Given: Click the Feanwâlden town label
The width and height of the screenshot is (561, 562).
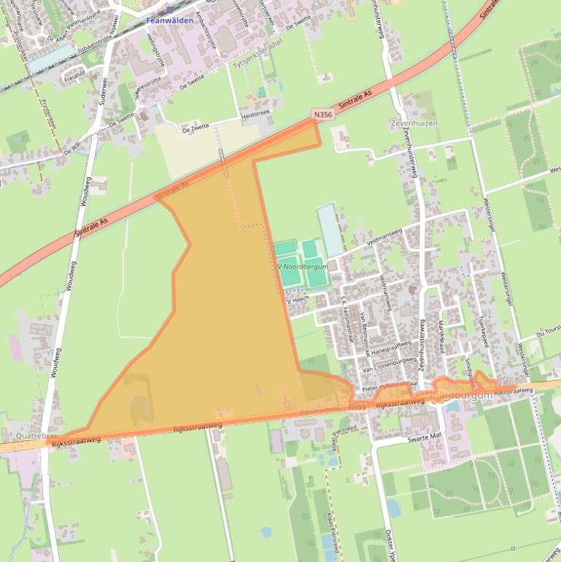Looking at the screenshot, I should pyautogui.click(x=169, y=20).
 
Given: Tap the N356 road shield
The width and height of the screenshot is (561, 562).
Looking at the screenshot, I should pyautogui.click(x=323, y=115).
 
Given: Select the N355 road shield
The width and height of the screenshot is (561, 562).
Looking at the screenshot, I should pyautogui.click(x=357, y=406).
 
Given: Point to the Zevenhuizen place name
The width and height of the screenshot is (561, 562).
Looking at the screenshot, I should pyautogui.click(x=414, y=123).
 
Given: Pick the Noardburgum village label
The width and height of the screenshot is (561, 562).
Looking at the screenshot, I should pyautogui.click(x=460, y=395).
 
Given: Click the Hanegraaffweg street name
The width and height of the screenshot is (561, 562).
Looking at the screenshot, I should pyautogui.click(x=382, y=349).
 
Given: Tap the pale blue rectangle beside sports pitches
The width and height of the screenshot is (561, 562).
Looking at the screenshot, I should pyautogui.click(x=330, y=229).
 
